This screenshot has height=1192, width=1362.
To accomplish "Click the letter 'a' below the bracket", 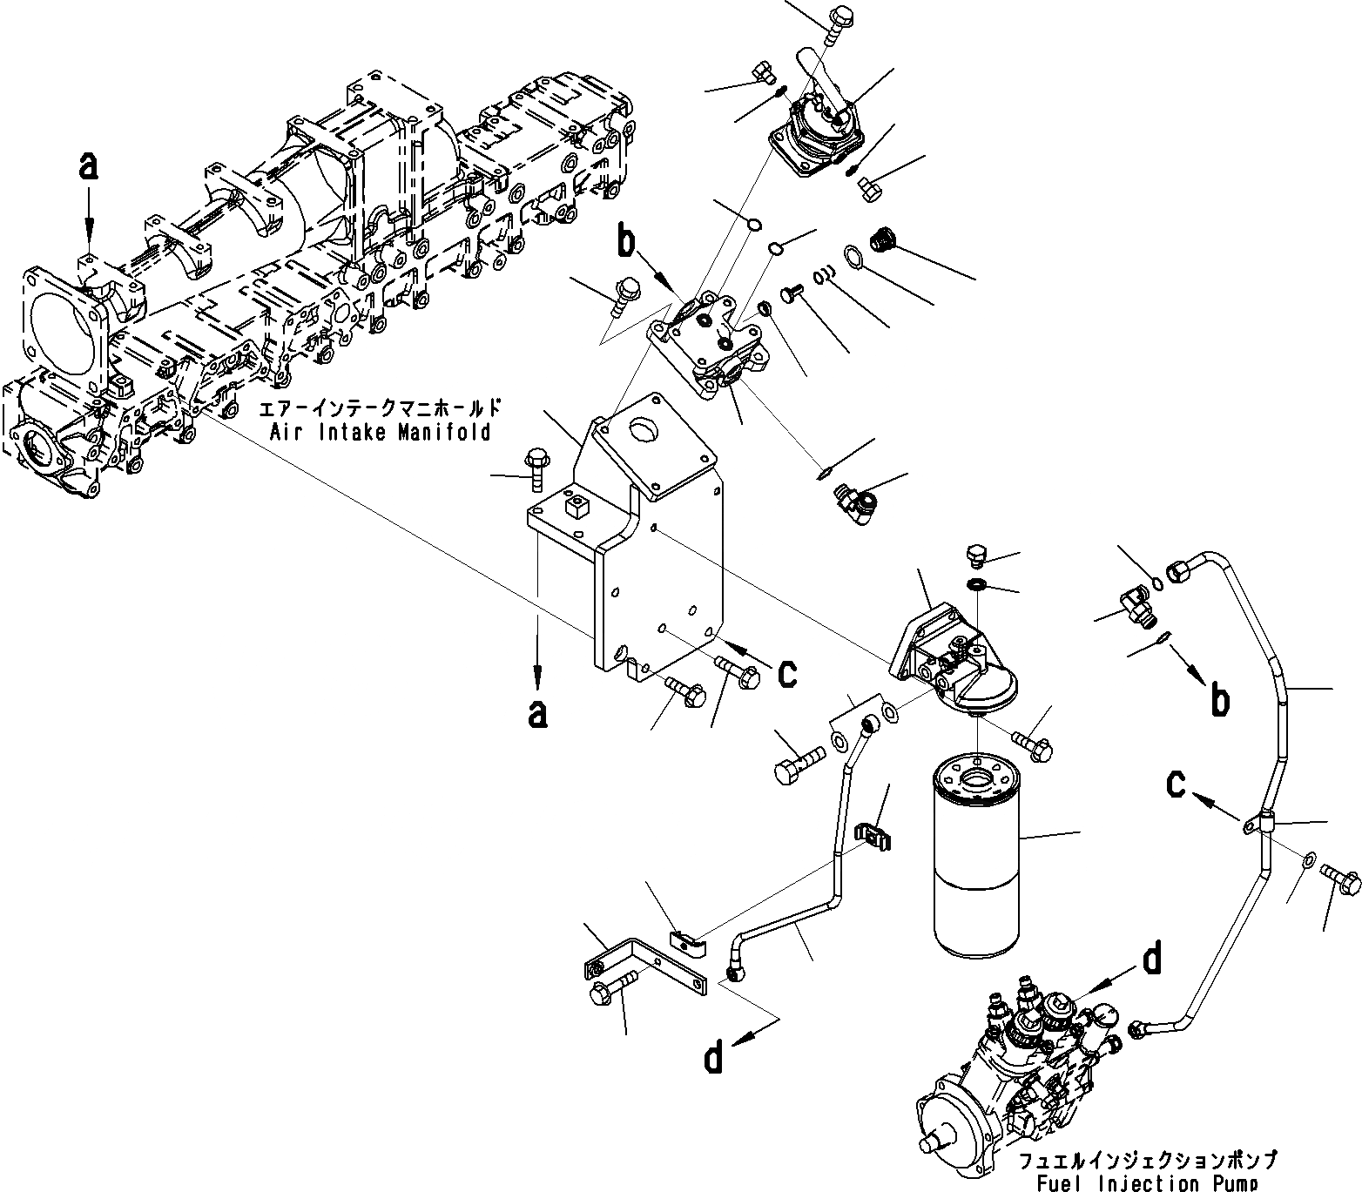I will tap(538, 714).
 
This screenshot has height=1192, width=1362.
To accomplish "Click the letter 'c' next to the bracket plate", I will tap(786, 672).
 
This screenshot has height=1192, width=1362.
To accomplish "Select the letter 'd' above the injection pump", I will tap(1152, 959).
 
